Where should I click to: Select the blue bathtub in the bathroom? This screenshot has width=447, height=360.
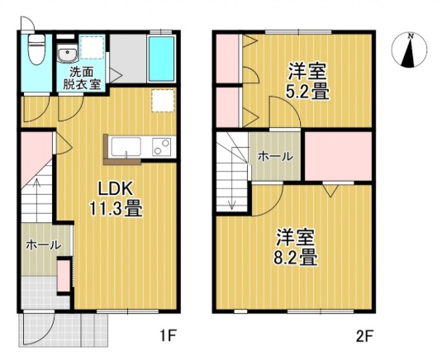point(160,59)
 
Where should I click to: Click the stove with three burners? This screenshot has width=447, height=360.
point(161,147)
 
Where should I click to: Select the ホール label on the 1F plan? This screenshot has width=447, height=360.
point(42,245)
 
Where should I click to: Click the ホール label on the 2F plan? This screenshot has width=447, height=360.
point(273,156)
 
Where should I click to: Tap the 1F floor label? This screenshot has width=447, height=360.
point(169,336)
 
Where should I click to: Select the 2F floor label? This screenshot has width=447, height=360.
point(364,336)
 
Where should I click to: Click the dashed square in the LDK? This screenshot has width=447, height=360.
point(163,100)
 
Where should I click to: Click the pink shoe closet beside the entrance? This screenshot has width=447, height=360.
point(63,276)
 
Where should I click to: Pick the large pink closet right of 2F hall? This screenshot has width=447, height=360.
point(338,155)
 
